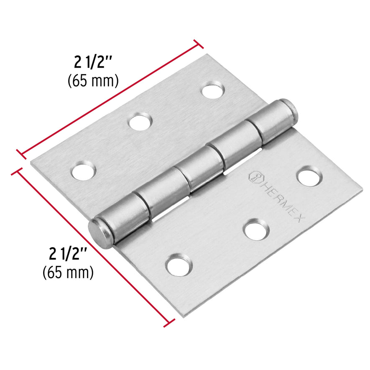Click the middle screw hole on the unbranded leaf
[140, 122]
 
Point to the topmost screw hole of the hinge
[212, 90]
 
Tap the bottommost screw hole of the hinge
[179, 265]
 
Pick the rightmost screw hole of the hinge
[309, 176]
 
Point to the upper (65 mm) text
[93, 80]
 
